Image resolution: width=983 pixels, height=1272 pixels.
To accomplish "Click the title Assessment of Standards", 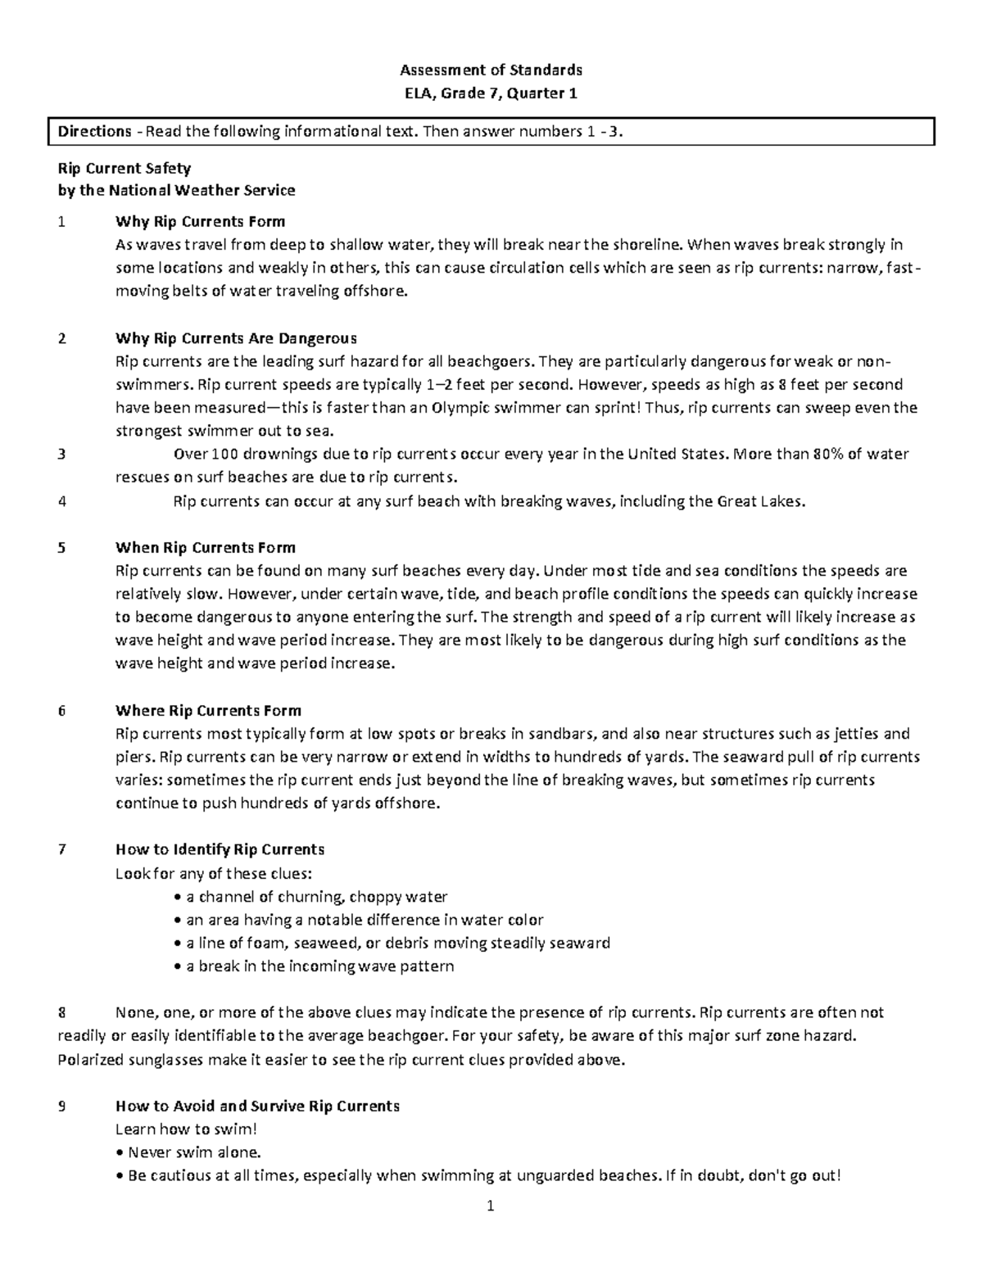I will [x=491, y=70].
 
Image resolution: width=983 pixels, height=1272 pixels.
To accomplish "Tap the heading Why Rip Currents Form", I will [x=200, y=221].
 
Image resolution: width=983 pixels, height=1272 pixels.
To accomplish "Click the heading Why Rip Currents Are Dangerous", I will [x=236, y=338].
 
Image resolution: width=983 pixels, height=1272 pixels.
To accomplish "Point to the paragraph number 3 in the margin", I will [x=61, y=454].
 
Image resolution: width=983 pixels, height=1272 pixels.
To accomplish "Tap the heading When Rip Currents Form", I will [x=205, y=547].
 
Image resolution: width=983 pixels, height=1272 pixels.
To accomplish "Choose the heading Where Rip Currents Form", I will [x=208, y=710].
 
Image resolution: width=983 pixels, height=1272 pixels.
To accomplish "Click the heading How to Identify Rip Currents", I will [x=220, y=849].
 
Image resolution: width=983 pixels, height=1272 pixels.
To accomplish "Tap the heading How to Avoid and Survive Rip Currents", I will [x=257, y=1106].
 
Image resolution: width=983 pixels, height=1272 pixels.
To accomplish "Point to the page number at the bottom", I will [x=491, y=1206].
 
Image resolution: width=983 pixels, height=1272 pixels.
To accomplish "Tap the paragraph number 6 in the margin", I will [x=61, y=710].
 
